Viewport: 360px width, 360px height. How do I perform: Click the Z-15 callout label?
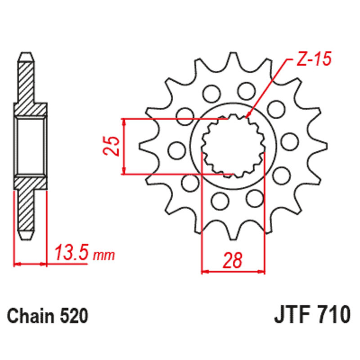[x=314, y=59]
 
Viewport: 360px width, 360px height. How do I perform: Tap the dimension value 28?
[x=233, y=261]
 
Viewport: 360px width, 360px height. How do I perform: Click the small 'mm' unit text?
[x=104, y=255]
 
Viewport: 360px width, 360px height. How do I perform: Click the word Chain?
[x=30, y=316]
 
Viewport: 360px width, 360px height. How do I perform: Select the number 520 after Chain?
[x=74, y=316]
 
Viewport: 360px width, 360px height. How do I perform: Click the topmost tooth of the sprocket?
[x=233, y=60]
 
